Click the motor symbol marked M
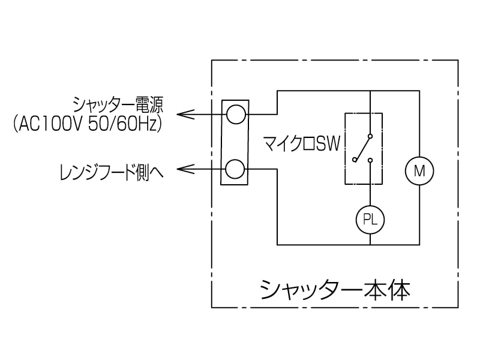click(x=419, y=170)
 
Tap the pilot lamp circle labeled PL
click(x=370, y=220)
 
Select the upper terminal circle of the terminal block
click(x=235, y=113)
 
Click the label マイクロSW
click(x=302, y=144)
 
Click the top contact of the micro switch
click(x=370, y=134)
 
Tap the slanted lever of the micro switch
click(x=364, y=148)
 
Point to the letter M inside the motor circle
click(x=419, y=170)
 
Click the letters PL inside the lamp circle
click(x=370, y=220)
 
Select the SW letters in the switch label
click(x=328, y=144)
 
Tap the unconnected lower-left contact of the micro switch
click(x=356, y=160)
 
